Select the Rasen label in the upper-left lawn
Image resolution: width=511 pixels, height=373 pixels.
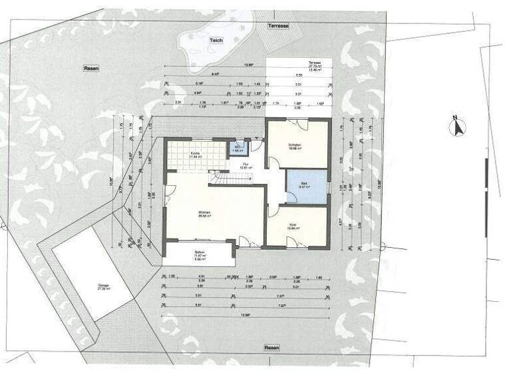click(x=91, y=69)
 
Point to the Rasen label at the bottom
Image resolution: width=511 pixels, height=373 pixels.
click(x=271, y=348)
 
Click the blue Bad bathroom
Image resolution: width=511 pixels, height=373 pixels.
click(x=307, y=186)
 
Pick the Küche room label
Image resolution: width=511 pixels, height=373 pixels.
click(x=196, y=153)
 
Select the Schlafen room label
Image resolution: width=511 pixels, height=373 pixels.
click(x=295, y=146)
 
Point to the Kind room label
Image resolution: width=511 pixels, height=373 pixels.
click(x=293, y=226)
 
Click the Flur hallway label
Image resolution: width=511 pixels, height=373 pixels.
click(x=245, y=164)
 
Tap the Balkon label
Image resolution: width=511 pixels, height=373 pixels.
click(x=198, y=252)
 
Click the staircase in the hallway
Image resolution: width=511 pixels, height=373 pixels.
click(x=230, y=178)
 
